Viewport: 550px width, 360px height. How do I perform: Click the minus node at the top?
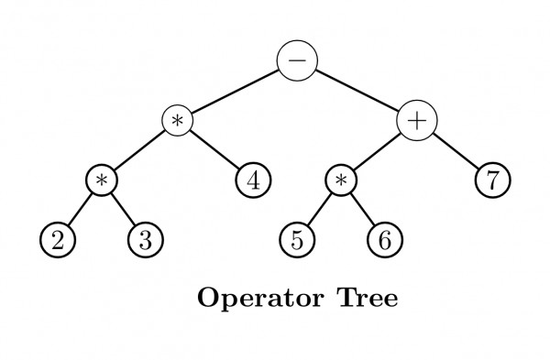[298, 60]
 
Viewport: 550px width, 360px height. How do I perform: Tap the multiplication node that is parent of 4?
[179, 121]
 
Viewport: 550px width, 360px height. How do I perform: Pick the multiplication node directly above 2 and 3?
[103, 180]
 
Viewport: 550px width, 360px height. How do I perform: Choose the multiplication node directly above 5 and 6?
[341, 180]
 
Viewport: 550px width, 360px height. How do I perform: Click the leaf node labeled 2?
[57, 241]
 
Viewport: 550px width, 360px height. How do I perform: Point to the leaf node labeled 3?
[144, 241]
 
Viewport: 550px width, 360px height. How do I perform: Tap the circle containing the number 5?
[295, 241]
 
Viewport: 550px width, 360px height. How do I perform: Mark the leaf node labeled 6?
[384, 241]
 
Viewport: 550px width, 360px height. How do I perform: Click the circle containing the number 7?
[492, 180]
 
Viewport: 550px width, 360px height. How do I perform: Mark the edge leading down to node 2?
[80, 211]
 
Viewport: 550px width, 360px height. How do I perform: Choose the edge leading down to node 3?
[124, 211]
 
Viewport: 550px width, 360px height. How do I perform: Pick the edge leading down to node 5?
[318, 211]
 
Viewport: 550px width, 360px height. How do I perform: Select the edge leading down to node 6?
[363, 211]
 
